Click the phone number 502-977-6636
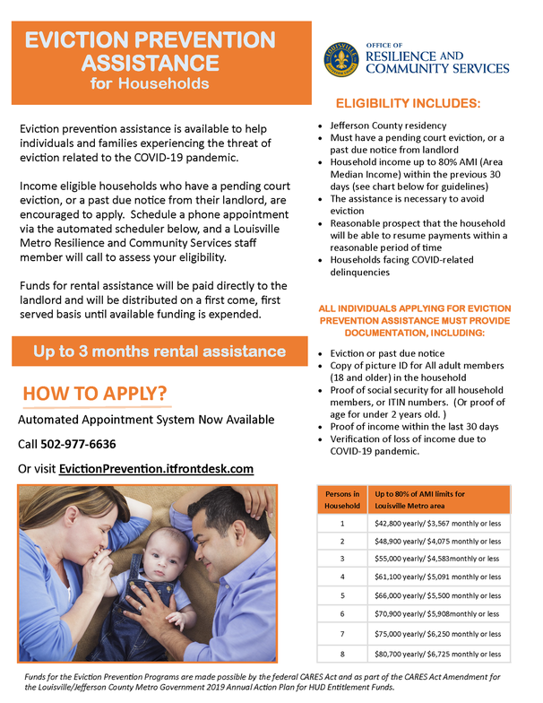coord(78,444)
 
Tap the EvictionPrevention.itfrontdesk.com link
coord(156,468)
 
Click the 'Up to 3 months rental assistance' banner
coord(159,351)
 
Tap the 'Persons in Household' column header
coord(341,499)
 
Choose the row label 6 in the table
coord(341,613)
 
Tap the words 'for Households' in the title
coord(150,84)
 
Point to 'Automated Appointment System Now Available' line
coord(147,420)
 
